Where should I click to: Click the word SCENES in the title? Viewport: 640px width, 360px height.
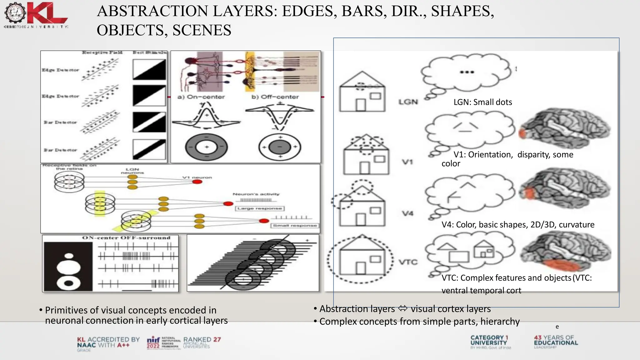coord(202,30)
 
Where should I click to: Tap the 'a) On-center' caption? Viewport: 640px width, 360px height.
coord(201,97)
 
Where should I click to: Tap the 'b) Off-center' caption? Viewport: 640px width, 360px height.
coord(275,97)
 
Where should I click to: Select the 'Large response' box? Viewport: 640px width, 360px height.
coord(260,208)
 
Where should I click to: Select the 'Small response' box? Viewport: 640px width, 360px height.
coord(295,225)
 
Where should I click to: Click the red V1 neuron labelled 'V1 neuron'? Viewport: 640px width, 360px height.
coord(197,182)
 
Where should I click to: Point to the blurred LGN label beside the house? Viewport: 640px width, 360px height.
coord(408,102)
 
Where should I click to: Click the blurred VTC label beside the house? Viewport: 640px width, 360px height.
coord(408,262)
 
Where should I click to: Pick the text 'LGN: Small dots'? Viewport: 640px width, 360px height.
coord(483,102)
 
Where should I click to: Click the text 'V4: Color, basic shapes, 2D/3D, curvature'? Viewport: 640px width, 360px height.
coord(518,225)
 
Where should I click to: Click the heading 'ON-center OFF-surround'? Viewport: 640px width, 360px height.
coord(126,238)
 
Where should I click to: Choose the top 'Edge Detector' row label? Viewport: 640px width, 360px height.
coord(60,70)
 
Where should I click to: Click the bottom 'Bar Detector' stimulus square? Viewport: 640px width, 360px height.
coord(149,149)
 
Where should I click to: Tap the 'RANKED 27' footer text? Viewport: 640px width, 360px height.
coord(202,340)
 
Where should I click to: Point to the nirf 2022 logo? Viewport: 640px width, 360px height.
coord(153,343)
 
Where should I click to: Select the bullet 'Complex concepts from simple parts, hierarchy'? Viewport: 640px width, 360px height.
coord(419,322)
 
